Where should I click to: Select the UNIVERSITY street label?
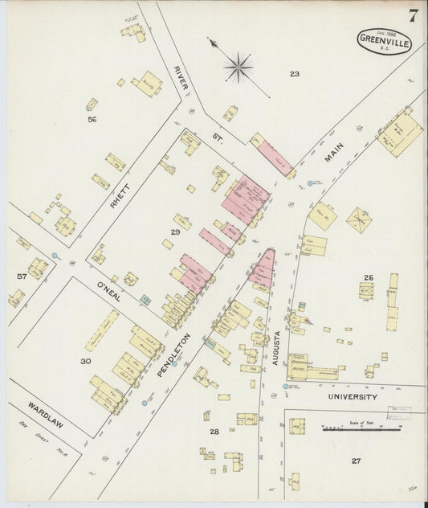click(x=352, y=396)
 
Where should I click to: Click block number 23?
click(x=295, y=74)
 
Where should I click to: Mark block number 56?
click(x=92, y=119)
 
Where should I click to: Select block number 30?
click(x=85, y=362)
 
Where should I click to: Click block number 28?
click(x=214, y=432)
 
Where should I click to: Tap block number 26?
click(x=368, y=277)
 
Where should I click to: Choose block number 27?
click(x=356, y=461)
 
